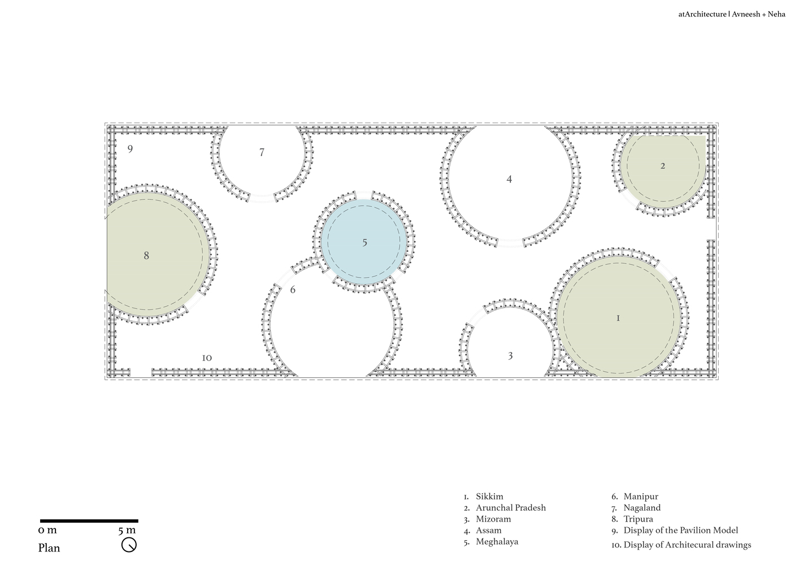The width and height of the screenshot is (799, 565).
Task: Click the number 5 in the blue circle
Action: coord(364,243)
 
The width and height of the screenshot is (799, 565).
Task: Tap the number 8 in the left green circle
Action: coord(146,255)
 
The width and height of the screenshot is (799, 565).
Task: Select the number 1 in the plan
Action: coord(618,318)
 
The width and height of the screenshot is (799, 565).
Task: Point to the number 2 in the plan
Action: coord(663,166)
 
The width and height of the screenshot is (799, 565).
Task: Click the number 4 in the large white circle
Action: coord(509,179)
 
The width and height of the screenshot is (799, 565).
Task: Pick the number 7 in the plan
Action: coord(262,153)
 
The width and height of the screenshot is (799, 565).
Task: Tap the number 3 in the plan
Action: coord(510,356)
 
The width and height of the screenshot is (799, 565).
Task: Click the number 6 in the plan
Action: coord(293,289)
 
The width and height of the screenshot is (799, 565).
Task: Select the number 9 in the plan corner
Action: coord(130,149)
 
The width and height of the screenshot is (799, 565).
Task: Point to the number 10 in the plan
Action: coord(207,358)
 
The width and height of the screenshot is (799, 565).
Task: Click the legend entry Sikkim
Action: coord(489,497)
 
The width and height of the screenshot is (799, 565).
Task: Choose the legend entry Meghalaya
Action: coord(497,542)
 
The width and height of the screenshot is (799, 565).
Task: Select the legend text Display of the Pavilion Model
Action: coord(680,531)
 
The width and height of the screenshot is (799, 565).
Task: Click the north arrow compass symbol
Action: coord(129,545)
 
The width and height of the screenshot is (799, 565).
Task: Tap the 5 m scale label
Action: coord(127,530)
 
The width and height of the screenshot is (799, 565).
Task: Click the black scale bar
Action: coord(89,521)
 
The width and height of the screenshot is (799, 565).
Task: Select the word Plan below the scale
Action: coord(49,548)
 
